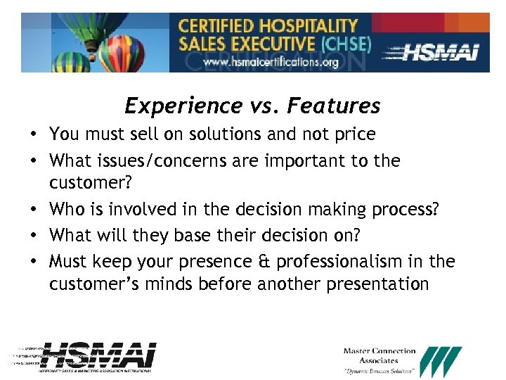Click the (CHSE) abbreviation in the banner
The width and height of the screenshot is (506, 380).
[x=345, y=43]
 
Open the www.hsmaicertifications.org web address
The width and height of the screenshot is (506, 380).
[x=271, y=62]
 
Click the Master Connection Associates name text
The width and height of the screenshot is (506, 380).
[x=379, y=355]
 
